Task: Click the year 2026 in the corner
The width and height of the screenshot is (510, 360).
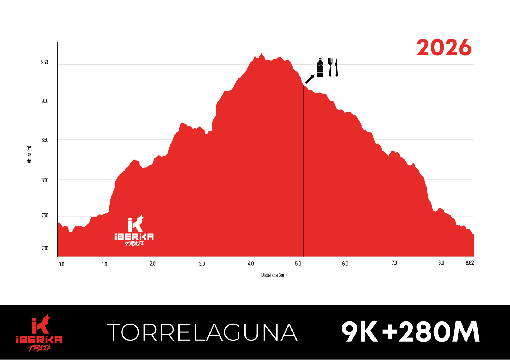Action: point(444,48)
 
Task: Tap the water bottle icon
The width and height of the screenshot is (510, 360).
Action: point(320,68)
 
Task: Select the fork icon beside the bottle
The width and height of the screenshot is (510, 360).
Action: point(330,67)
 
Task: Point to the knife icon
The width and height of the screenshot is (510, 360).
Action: point(336,67)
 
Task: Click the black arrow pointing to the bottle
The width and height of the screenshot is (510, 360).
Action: point(310,79)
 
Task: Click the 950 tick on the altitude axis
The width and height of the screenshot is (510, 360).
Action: point(44,62)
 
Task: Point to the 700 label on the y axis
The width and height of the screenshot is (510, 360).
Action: point(44,248)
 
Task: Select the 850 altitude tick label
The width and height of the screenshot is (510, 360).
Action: point(44,140)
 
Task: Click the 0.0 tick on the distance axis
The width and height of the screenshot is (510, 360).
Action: point(61,265)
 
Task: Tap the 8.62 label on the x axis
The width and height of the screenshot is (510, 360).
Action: point(470,263)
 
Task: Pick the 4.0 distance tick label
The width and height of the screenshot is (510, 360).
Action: point(251,264)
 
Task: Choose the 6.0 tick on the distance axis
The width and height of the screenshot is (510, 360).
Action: point(345,264)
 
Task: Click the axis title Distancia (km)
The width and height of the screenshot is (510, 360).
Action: point(274,275)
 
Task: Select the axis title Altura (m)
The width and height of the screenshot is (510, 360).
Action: point(30,154)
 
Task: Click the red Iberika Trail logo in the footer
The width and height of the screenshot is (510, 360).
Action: point(39,333)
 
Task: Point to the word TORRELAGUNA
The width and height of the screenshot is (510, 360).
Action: point(202,332)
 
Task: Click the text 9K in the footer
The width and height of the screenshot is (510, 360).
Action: point(360,332)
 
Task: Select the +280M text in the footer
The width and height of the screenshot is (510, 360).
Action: point(431,332)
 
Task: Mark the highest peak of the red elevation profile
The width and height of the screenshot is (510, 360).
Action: point(261,54)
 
